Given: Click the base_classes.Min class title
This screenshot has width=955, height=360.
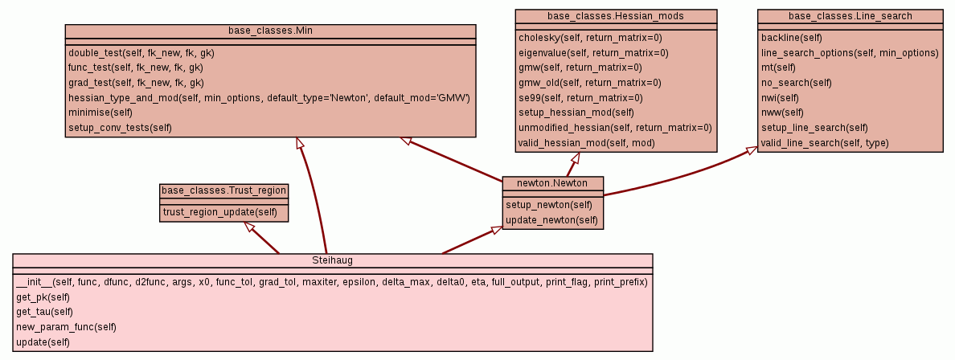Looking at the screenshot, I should point(270,31).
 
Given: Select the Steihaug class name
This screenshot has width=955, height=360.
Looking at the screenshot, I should point(332,260).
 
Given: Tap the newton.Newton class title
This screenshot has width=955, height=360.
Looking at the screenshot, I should point(552,183).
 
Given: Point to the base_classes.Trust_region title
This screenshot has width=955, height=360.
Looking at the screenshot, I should point(224,190).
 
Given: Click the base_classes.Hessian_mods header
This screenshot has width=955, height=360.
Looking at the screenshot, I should point(616,16).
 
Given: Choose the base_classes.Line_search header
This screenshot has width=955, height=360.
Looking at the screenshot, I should point(850,16).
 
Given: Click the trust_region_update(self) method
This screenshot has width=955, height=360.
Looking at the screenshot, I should point(220,212).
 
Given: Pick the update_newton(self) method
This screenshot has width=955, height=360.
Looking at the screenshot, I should point(551,219).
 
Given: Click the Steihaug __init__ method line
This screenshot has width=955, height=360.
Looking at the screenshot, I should point(331,282).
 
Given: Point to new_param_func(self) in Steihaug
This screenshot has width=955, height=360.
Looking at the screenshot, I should point(66,327).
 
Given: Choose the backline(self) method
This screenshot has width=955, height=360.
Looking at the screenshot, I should point(791,38).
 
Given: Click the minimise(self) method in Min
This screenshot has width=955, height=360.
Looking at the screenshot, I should point(100,112).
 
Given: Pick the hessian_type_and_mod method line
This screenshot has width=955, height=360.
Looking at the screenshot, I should point(268,97).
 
